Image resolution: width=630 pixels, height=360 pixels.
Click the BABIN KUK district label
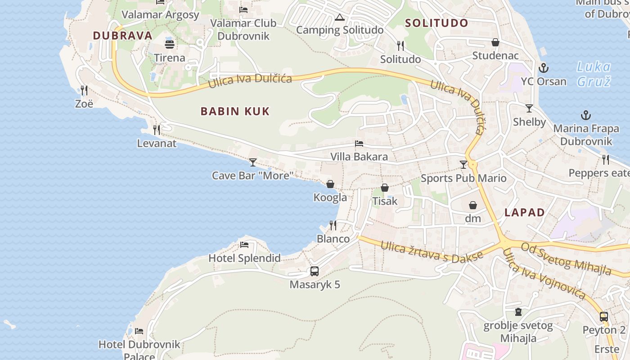click(x=235, y=111)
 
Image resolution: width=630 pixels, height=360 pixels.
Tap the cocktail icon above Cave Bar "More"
click(x=253, y=162)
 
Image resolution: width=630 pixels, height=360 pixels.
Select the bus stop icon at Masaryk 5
click(x=315, y=271)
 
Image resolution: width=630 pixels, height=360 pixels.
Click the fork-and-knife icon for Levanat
click(x=157, y=130)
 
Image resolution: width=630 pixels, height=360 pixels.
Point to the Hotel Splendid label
click(x=244, y=258)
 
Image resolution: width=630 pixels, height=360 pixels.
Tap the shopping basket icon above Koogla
click(x=330, y=184)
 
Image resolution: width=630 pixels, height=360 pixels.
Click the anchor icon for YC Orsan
click(x=544, y=68)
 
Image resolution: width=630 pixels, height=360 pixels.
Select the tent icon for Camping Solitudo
click(x=340, y=18)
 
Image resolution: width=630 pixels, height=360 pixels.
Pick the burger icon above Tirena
click(x=170, y=45)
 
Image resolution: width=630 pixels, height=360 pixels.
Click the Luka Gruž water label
click(x=594, y=74)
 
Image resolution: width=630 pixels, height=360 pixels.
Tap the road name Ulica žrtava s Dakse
click(x=432, y=252)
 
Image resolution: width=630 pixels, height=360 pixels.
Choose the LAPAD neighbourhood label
click(x=525, y=212)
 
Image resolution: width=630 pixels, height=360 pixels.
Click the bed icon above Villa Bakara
click(x=359, y=144)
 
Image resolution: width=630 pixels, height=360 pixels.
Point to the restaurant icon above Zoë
click(x=84, y=90)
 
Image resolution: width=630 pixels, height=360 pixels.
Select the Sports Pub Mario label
click(x=463, y=178)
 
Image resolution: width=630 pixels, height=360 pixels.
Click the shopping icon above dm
click(x=473, y=206)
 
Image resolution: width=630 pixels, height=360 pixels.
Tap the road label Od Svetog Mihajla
click(x=567, y=258)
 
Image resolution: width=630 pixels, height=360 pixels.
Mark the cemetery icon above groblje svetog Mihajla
click(x=518, y=312)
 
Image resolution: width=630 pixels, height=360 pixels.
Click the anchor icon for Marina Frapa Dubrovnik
click(x=585, y=115)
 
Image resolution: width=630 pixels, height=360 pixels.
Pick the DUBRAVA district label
click(x=122, y=36)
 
